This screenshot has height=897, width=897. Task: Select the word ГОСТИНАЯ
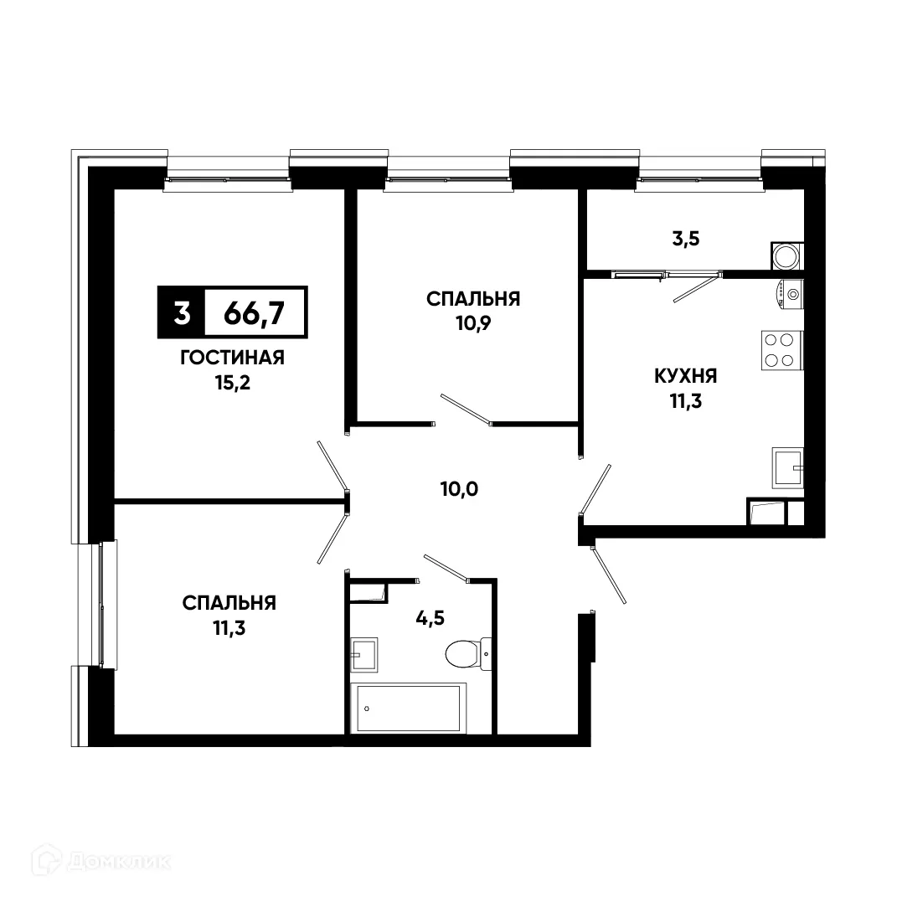(232, 358)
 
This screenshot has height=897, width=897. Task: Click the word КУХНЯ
(686, 376)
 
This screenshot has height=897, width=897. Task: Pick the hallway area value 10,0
(459, 488)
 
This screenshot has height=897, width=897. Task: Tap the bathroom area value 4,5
(430, 618)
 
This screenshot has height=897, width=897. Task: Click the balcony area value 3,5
(685, 237)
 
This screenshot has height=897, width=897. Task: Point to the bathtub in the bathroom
(410, 709)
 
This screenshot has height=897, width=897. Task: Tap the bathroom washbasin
(363, 653)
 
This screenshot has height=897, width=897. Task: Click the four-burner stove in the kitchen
(781, 350)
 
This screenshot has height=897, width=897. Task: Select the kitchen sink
(787, 467)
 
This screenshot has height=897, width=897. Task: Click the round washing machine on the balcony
(787, 255)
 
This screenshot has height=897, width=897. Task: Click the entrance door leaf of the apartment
(608, 574)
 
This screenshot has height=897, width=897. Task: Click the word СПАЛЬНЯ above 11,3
(229, 602)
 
